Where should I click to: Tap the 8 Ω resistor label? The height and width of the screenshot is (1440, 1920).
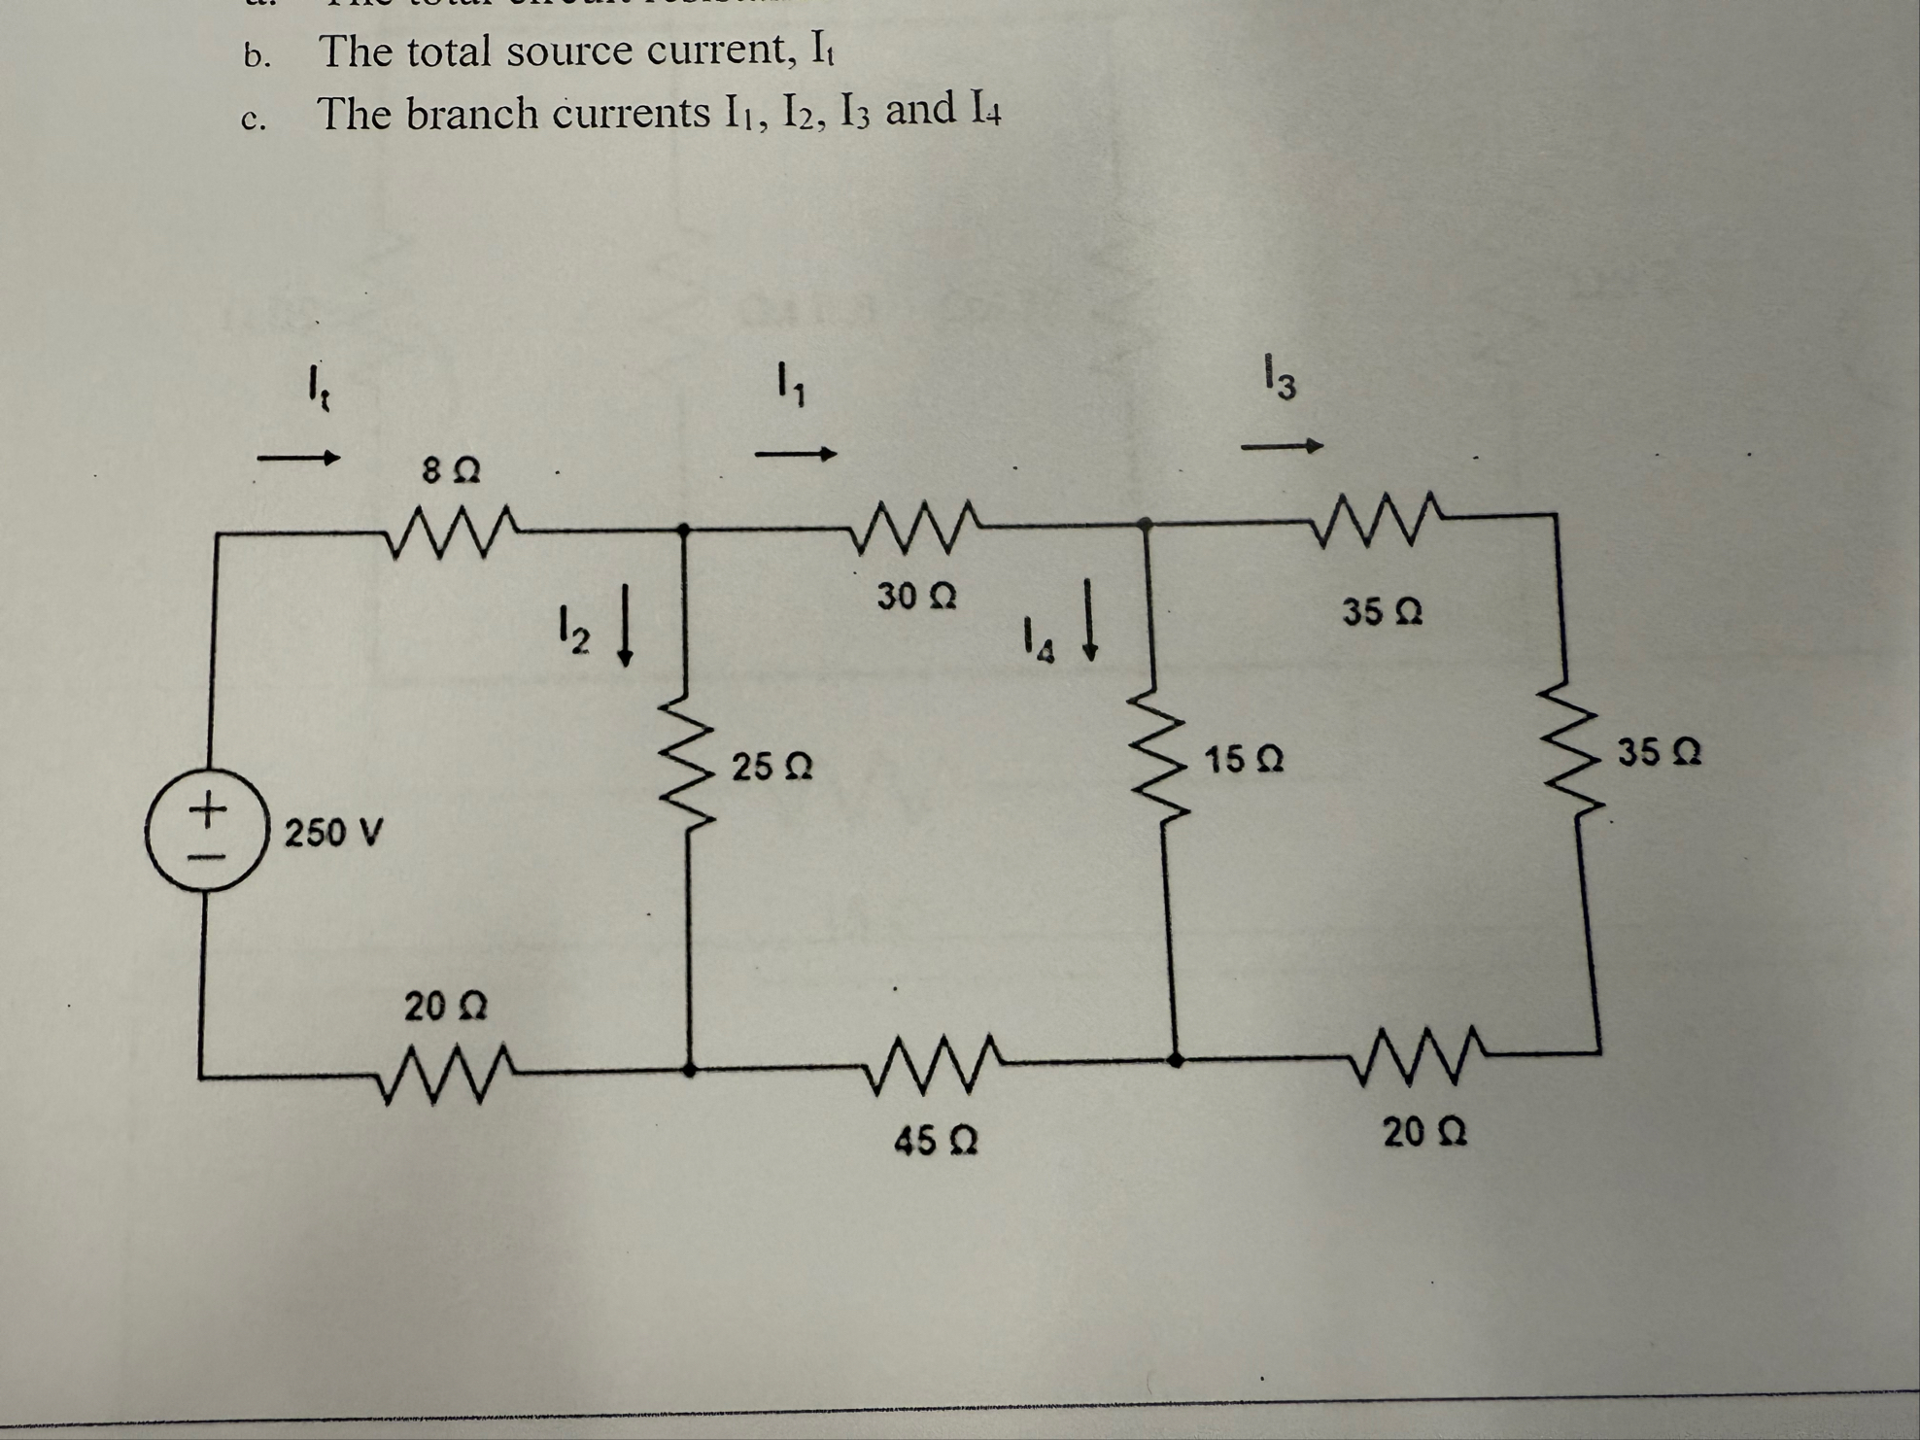click(x=451, y=471)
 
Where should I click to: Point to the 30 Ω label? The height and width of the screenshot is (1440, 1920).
click(x=916, y=596)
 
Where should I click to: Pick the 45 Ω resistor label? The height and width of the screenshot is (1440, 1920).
click(x=935, y=1140)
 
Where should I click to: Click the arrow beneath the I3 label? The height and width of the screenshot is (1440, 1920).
click(x=1283, y=447)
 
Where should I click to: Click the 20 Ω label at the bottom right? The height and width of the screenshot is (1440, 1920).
click(x=1424, y=1132)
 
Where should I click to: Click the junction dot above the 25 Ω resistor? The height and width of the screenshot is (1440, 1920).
click(x=683, y=530)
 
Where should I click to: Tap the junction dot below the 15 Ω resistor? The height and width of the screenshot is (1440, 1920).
click(x=1175, y=1060)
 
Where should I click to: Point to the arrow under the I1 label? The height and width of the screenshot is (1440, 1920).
click(x=796, y=454)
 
